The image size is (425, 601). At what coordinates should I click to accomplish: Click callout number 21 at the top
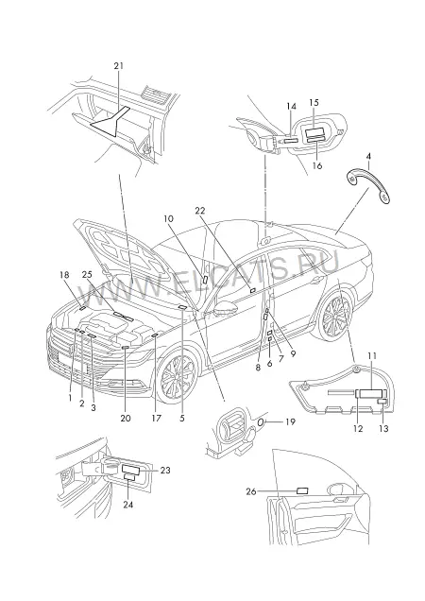[119, 65]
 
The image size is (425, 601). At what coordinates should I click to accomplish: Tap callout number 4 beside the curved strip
[368, 156]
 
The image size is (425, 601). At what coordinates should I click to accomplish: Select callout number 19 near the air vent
[291, 421]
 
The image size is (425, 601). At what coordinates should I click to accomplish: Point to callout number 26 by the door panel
[251, 491]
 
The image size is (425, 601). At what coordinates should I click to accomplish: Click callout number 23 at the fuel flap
[165, 470]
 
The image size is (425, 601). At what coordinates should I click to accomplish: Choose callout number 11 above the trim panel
[372, 355]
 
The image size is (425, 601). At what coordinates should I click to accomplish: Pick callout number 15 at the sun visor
[314, 103]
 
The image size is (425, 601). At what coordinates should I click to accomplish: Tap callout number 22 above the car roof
[199, 211]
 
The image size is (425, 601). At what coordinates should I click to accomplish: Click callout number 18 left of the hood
[64, 274]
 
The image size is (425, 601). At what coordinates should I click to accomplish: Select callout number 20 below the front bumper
[126, 419]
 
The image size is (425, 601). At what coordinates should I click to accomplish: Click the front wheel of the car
[178, 378]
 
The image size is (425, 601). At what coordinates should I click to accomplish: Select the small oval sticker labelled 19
[261, 422]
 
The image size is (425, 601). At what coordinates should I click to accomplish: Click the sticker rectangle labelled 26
[302, 490]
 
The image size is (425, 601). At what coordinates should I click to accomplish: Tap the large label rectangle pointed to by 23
[131, 469]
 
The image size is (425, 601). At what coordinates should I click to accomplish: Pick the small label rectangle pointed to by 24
[129, 477]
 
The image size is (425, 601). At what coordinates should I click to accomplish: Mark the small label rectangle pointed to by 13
[382, 402]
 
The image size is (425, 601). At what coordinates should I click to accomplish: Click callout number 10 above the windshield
[168, 219]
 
